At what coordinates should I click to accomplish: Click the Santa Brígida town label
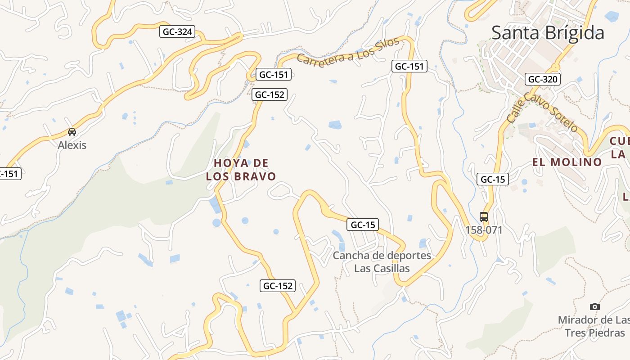pos(548,33)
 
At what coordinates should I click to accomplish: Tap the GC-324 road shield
pos(177,31)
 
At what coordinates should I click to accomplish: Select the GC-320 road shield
pos(542,79)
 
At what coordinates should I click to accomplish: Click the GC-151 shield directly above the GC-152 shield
pos(274,74)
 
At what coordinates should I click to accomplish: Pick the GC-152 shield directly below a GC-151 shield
pos(269,94)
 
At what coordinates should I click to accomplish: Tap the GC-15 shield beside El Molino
pos(493,179)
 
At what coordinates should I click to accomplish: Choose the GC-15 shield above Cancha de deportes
pos(362,225)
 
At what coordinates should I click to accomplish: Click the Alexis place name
pos(72,145)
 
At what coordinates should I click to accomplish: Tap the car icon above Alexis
pos(72,132)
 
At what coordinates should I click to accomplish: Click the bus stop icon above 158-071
pos(484,216)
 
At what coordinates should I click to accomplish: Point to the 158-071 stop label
pos(484,230)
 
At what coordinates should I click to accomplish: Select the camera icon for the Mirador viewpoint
pos(595,306)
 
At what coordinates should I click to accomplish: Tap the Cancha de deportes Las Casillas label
pos(382,262)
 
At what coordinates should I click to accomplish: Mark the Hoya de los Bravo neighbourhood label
pos(241,170)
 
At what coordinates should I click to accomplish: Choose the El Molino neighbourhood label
pos(567,162)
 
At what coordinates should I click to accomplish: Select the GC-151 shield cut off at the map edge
pos(10,174)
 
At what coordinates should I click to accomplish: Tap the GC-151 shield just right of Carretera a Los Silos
pos(409,67)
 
